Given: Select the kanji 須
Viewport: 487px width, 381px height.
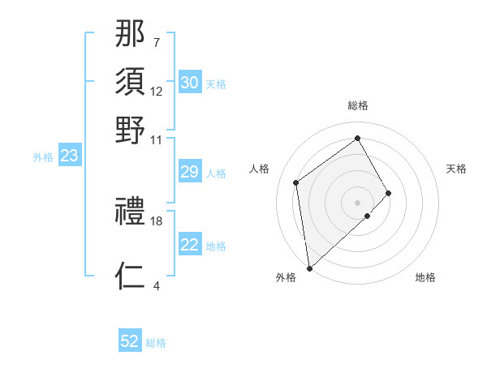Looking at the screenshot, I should click(x=131, y=81).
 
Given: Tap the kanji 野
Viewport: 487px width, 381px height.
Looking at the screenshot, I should click(x=131, y=130).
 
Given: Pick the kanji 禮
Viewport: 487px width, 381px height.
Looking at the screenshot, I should click(x=131, y=211).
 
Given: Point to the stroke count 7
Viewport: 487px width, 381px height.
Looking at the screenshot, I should click(x=156, y=42).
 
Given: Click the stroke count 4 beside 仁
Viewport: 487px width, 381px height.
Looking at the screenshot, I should click(x=156, y=285).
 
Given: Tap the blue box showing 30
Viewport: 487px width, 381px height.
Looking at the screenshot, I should click(x=189, y=83).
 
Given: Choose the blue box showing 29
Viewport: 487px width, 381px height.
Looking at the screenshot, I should click(x=189, y=172).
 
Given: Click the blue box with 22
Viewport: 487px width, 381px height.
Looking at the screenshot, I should click(x=189, y=245).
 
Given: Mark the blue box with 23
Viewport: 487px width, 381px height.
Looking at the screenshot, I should click(x=69, y=156).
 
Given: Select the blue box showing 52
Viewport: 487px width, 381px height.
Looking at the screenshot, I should click(x=130, y=341).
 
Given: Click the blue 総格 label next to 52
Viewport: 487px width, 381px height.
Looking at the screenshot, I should click(x=156, y=343).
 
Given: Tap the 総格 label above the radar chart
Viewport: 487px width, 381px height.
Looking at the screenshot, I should click(x=358, y=105).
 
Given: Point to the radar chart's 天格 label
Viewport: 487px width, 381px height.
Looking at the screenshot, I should click(x=457, y=169).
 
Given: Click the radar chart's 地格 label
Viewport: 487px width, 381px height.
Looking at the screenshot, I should click(x=425, y=277).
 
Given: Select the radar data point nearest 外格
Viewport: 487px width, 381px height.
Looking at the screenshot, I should click(x=309, y=268).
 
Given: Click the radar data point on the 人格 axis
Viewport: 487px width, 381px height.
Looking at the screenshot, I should click(x=296, y=182).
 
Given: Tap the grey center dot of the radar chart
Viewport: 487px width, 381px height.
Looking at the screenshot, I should click(x=358, y=202).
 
